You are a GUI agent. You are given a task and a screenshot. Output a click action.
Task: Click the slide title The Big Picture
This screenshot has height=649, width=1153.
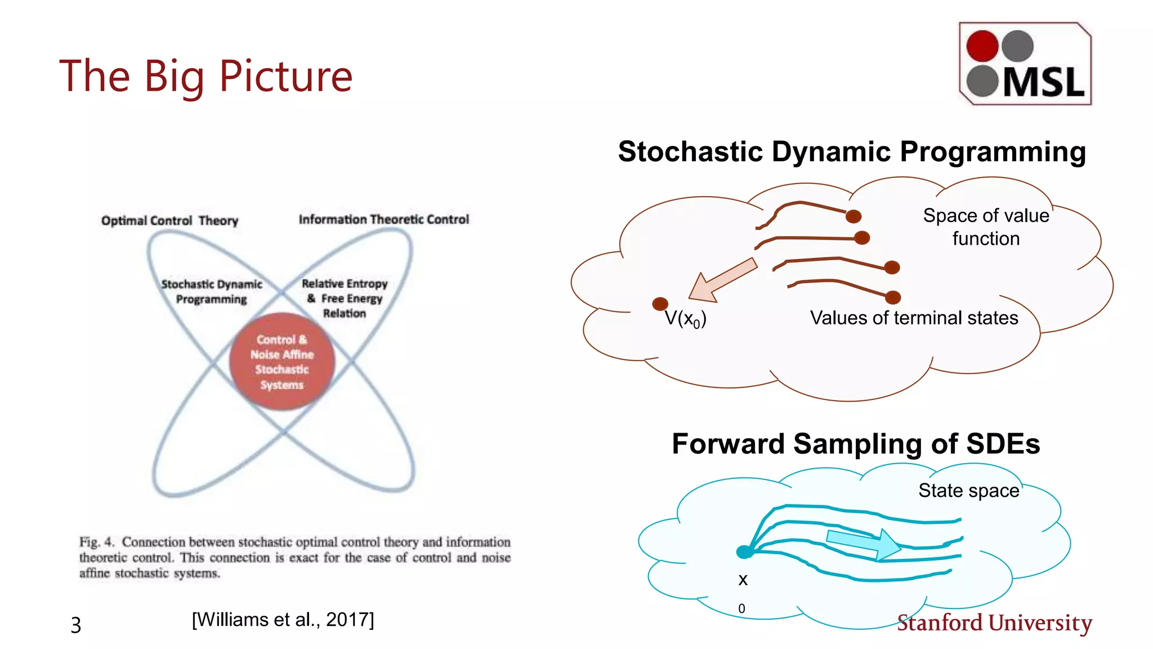pos(205,76)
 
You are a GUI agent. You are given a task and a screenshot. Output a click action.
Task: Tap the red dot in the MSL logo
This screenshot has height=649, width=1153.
pos(982,46)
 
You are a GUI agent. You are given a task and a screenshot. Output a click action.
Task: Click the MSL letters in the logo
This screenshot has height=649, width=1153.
pos(1043,83)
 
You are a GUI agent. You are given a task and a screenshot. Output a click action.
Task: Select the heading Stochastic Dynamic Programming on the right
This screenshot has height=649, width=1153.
pos(852,152)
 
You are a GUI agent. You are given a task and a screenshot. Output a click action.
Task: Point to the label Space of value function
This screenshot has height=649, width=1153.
pos(986,226)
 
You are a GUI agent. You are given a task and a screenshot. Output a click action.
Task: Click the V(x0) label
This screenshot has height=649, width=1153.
pos(685,319)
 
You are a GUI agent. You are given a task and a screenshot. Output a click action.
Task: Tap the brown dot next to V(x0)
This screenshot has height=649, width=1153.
pos(660,304)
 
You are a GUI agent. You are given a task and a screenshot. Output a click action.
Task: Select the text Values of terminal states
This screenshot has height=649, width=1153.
pos(914,318)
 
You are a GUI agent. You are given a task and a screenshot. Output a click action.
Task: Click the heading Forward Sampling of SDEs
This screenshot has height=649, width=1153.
pos(855,443)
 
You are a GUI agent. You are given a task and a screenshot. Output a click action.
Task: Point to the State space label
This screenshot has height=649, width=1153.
pos(968,490)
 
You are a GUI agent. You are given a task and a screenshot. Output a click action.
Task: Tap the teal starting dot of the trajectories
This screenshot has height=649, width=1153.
pos(744,552)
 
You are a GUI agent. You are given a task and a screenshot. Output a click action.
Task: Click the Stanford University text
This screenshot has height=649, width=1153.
pos(994,623)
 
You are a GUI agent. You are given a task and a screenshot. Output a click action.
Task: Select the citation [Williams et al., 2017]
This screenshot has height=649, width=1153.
pos(283,620)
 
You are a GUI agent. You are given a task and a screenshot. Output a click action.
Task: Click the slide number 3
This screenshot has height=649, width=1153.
pos(76,625)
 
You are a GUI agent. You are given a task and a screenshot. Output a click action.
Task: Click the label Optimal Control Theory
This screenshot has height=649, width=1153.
pos(169,220)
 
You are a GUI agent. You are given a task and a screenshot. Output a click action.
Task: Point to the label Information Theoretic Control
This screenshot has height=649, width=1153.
pos(383,219)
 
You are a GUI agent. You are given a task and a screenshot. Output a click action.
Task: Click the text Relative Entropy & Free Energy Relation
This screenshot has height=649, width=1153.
pos(345,298)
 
